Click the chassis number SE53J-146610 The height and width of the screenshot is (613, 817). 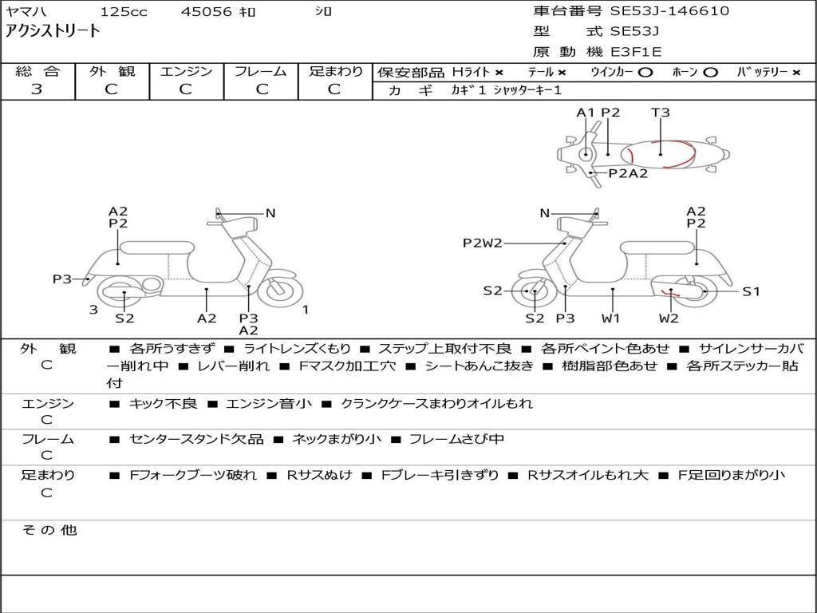[669, 10]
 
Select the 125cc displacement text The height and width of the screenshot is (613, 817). [124, 11]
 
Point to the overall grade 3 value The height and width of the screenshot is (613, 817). [37, 89]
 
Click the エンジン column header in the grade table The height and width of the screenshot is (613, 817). [186, 71]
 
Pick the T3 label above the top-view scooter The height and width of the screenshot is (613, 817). [660, 112]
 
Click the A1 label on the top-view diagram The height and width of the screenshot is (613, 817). [586, 112]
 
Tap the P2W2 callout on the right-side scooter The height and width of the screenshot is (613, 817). [483, 243]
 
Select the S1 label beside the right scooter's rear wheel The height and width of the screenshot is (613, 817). [751, 291]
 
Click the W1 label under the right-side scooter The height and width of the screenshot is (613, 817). [610, 318]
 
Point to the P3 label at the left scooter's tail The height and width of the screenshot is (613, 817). [61, 279]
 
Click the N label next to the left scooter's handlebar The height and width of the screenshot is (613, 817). [270, 213]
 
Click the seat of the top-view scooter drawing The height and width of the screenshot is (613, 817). [658, 154]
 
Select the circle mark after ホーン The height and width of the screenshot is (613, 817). [709, 73]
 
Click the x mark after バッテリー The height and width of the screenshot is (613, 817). [796, 73]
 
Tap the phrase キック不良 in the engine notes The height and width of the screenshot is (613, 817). [163, 403]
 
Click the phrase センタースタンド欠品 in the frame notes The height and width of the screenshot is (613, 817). [196, 440]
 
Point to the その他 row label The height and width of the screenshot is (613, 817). [49, 530]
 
